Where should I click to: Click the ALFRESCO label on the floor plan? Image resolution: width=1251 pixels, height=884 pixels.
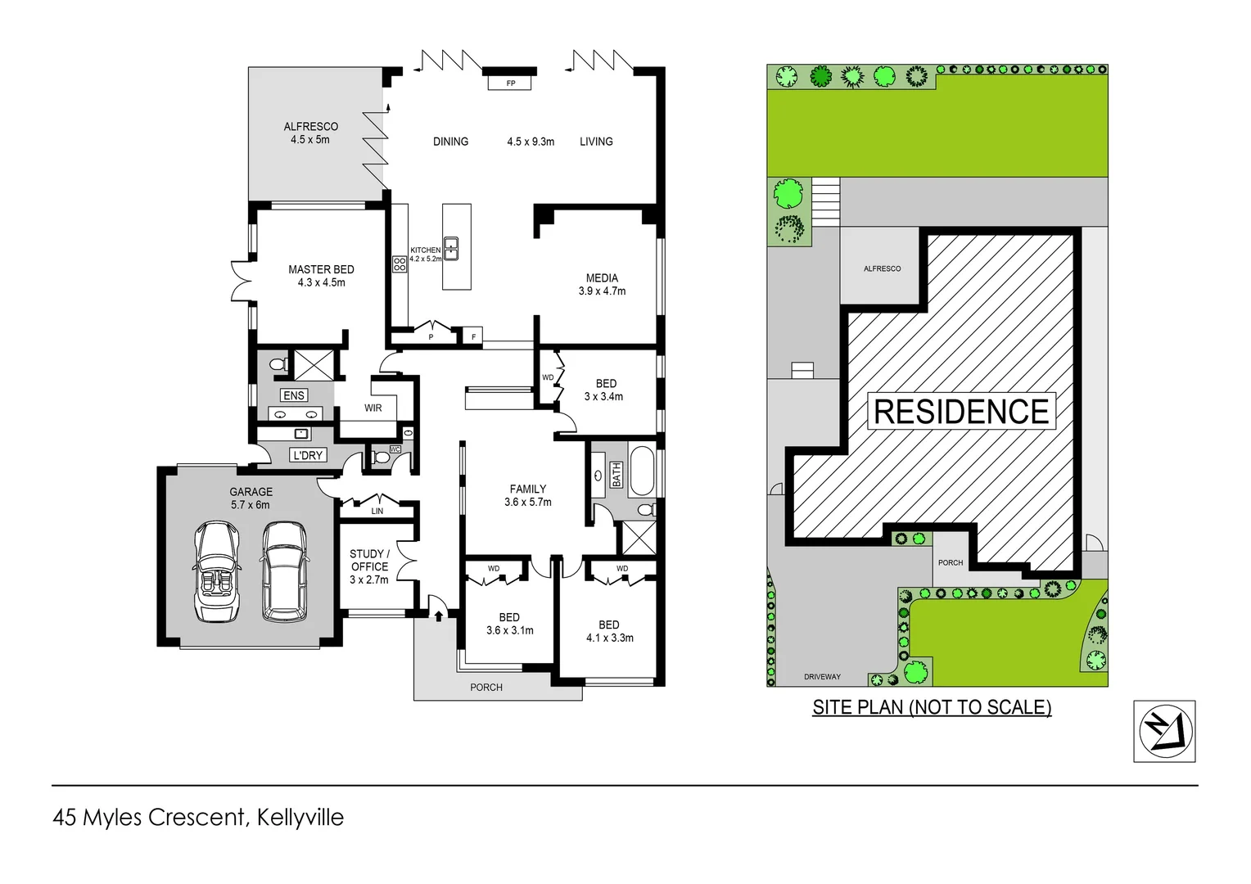310,133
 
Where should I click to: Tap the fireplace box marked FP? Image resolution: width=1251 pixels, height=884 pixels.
511,83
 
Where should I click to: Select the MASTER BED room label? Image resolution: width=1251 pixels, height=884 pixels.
321,276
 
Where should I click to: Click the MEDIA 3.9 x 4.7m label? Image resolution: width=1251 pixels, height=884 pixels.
602,284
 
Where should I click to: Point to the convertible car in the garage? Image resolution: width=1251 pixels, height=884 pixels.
217,572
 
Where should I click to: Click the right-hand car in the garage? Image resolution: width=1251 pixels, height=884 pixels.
283,572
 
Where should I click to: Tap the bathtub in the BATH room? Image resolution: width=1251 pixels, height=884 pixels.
642,471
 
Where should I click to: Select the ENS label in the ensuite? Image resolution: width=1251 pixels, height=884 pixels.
294,395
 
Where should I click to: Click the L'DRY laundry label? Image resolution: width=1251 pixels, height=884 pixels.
308,455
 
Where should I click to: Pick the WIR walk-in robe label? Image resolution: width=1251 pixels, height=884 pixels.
373,408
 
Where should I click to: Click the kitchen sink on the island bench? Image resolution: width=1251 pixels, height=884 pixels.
450,248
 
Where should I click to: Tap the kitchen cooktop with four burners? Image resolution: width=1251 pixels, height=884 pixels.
400,264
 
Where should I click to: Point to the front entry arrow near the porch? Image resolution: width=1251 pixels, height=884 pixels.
439,615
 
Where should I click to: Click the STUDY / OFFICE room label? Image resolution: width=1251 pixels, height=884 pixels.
369,566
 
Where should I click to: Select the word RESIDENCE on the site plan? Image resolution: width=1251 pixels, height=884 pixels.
961,411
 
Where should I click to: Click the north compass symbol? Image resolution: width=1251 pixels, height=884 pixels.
1164,731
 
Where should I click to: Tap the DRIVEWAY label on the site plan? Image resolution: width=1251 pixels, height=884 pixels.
822,677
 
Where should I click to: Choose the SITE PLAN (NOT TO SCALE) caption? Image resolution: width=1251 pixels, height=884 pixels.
932,707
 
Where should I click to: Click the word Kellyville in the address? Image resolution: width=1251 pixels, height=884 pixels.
300,817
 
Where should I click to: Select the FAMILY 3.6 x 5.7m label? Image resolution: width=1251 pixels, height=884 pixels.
528,495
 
